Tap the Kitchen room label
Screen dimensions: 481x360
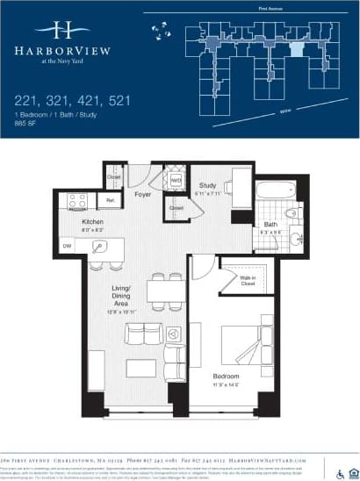(93, 222)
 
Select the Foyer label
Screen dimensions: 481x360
(143, 193)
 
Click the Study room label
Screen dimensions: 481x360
(207, 185)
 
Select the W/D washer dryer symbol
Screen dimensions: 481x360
(176, 181)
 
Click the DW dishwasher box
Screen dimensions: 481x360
(68, 247)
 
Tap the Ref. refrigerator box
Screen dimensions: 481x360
(112, 201)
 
